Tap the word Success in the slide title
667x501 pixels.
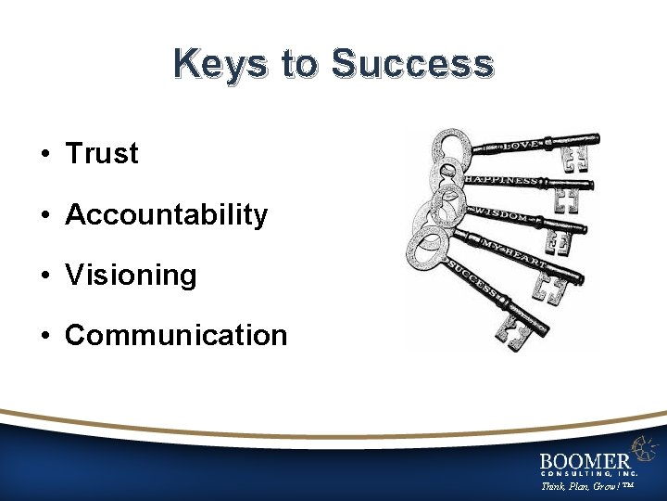tap(412, 65)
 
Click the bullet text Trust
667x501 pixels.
tap(102, 153)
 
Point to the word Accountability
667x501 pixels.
tap(167, 214)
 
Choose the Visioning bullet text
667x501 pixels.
tap(131, 275)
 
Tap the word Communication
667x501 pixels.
tap(176, 335)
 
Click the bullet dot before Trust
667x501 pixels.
tap(45, 154)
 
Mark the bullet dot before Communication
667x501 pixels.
tap(45, 336)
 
